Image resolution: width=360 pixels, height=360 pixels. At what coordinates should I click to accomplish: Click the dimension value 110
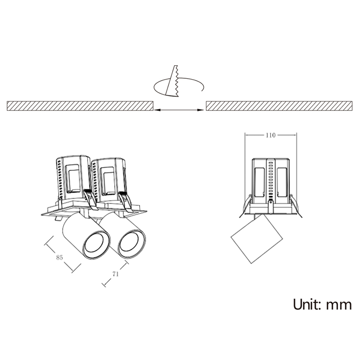click(270, 135)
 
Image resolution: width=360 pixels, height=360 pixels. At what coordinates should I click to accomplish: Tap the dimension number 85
click(60, 258)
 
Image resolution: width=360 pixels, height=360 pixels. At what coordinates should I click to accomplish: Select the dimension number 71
click(116, 274)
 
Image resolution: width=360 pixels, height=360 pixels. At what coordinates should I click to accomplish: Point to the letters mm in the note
click(339, 306)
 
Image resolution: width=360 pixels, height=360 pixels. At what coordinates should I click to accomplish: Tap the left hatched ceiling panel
click(80, 106)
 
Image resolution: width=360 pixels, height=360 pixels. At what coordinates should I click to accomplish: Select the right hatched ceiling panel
click(279, 106)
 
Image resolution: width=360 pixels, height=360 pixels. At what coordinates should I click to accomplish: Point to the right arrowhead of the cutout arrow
click(201, 110)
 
